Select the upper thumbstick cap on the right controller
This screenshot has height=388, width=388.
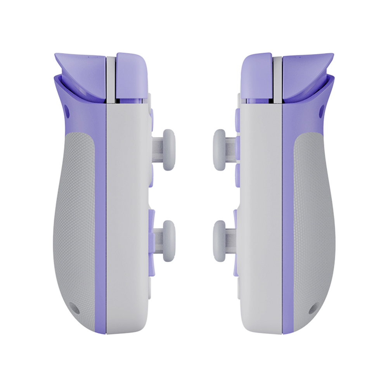(x=220, y=150)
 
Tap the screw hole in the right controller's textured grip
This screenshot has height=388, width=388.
(x=312, y=310)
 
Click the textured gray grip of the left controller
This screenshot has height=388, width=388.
(x=76, y=217)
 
